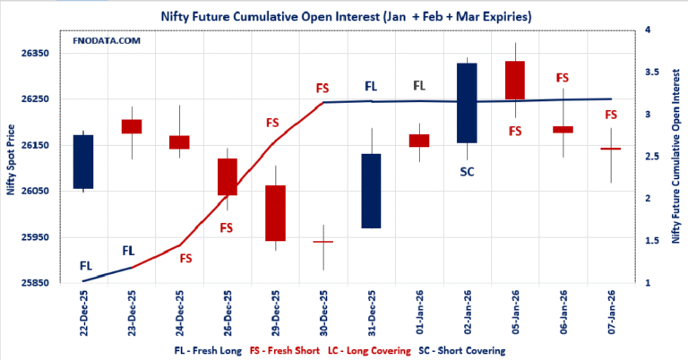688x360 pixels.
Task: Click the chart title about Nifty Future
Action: point(344,15)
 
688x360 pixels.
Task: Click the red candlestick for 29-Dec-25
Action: point(275,213)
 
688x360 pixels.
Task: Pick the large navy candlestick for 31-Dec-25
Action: point(371,191)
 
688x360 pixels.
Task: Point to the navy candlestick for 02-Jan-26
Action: point(467,102)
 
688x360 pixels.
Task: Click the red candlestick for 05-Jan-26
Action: point(515,80)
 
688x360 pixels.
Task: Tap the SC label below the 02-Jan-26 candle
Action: point(467,171)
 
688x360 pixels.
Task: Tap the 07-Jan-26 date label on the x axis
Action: point(611,313)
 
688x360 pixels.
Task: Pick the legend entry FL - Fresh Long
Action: point(207,349)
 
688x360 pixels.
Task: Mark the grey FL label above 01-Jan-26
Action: point(419,86)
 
